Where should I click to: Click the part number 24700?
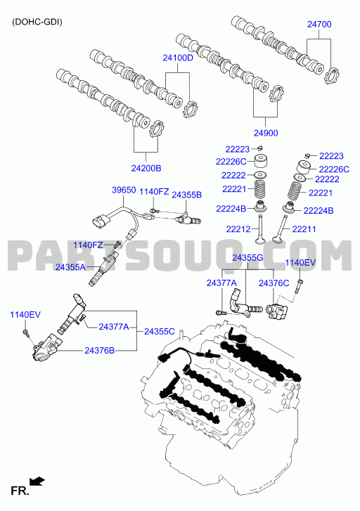(x=319, y=25)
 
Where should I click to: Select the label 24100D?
(x=178, y=58)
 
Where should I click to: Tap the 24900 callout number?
(x=266, y=133)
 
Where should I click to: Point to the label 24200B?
(x=146, y=168)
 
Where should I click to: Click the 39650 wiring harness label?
(x=124, y=190)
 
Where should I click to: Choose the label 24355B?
(x=186, y=195)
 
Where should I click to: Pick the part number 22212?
(x=238, y=229)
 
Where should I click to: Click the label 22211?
(x=304, y=229)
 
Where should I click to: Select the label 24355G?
(x=247, y=258)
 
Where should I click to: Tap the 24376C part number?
(x=274, y=283)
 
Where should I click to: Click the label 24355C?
(x=160, y=332)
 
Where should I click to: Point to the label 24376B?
(x=99, y=351)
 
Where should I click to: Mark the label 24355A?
(x=70, y=267)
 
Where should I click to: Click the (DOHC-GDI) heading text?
(x=37, y=22)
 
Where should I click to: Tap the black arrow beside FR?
(x=37, y=481)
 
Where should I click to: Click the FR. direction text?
(x=20, y=491)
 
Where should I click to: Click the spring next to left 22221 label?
(x=260, y=189)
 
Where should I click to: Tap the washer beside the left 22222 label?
(x=260, y=175)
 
